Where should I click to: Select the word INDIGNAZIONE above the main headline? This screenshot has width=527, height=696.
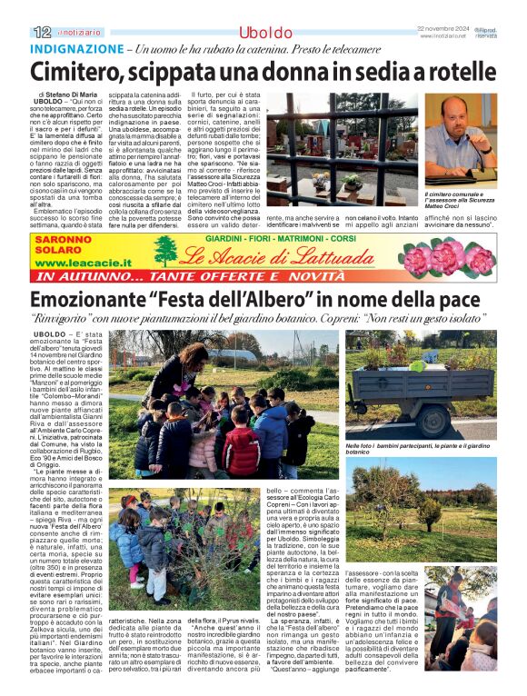(x=77, y=48)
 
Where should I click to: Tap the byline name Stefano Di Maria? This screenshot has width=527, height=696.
(x=85, y=94)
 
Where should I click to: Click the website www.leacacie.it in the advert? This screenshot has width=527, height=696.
(x=82, y=262)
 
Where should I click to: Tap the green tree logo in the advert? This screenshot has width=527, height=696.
(x=165, y=250)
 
